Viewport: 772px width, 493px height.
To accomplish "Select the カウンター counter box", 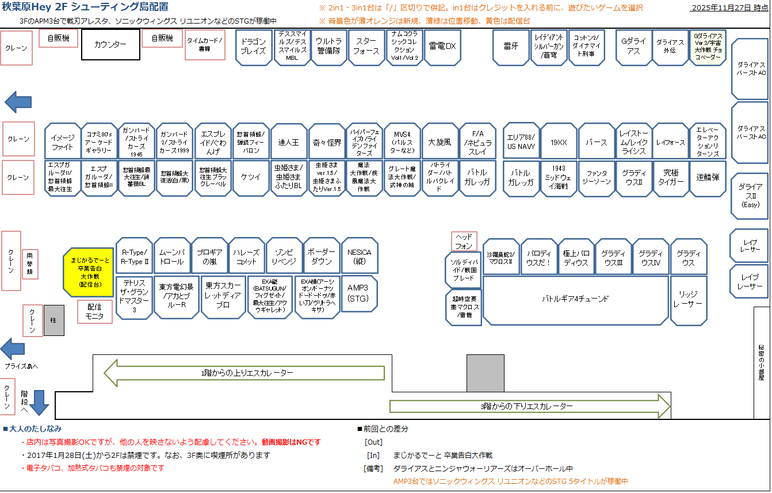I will [x=110, y=44].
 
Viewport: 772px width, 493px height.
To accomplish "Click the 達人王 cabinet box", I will [x=288, y=142].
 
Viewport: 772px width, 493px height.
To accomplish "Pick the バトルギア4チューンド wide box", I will [x=575, y=299].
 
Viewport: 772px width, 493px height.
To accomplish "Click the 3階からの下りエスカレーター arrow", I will [x=530, y=406].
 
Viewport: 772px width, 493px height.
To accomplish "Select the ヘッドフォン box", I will [x=464, y=241].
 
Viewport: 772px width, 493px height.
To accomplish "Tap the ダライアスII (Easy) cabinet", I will [x=750, y=196].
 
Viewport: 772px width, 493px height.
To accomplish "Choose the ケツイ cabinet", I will [x=251, y=177].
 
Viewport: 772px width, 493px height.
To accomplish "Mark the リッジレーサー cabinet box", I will [x=688, y=299].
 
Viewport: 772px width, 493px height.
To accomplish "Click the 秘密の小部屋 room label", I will [x=762, y=362].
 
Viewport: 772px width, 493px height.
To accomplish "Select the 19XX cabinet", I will [x=558, y=142].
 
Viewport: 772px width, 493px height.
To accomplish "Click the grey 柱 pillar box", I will [x=54, y=320].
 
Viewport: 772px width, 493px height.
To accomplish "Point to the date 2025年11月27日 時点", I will [x=729, y=8].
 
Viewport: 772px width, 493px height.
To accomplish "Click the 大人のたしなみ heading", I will [x=36, y=429].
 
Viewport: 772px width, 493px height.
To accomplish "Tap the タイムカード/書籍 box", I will [x=205, y=45].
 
